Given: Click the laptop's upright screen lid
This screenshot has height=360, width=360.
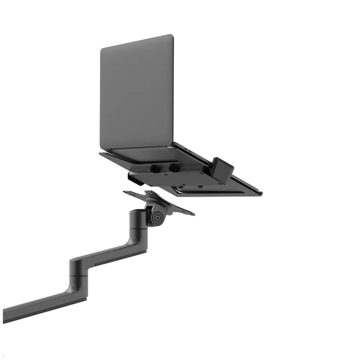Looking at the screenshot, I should click(136, 93).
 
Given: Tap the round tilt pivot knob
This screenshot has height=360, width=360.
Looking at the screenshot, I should click(157, 218).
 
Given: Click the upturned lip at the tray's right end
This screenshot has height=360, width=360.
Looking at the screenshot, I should click(260, 192).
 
